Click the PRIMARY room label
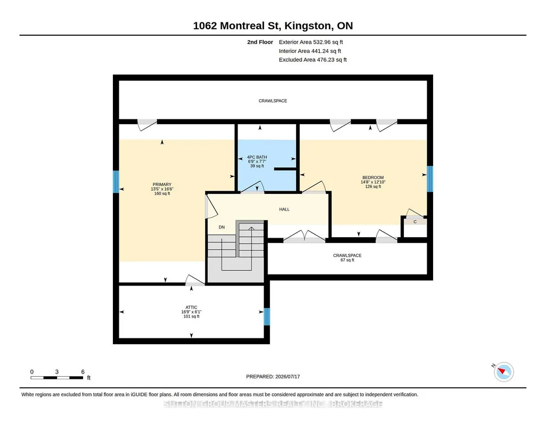(x=162, y=184)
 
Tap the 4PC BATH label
(x=257, y=157)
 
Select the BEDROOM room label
(x=373, y=177)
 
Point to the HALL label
(x=284, y=209)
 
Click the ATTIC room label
(x=191, y=307)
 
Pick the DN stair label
(x=222, y=228)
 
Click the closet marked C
(x=415, y=222)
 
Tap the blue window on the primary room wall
(x=116, y=182)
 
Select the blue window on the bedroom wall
(x=430, y=179)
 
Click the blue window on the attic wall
(x=267, y=316)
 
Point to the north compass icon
(x=503, y=371)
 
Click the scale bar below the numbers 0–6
(x=57, y=377)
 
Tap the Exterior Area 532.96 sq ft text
(x=311, y=42)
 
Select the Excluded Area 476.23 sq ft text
(x=313, y=60)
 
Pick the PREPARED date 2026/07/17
(x=288, y=376)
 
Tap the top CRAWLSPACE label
(x=273, y=101)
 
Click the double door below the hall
(x=305, y=237)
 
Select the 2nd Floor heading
(x=260, y=42)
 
